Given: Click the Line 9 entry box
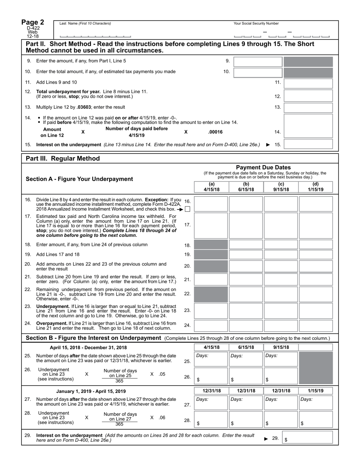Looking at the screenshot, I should tap(258, 61).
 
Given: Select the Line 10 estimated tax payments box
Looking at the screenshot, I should tap(258, 72).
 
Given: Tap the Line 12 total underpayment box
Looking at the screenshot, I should tap(308, 96).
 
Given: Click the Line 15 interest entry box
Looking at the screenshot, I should tap(308, 144).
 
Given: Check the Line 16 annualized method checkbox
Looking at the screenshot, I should tap(187, 209).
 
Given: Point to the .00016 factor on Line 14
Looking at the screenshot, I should tap(215, 132).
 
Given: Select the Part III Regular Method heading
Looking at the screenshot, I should tap(63, 158).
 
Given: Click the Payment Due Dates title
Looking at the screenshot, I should tap(263, 167).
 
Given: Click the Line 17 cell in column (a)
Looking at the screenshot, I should tap(211, 225).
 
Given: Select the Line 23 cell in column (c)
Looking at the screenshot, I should tap(281, 311).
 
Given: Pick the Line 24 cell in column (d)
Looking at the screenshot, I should tap(316, 325).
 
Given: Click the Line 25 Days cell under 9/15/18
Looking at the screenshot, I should tap(281, 359).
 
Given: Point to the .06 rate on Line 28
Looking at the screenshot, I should tap(162, 418).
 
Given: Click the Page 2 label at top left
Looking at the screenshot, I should tap(33, 22).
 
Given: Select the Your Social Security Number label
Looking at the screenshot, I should tap(256, 23).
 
